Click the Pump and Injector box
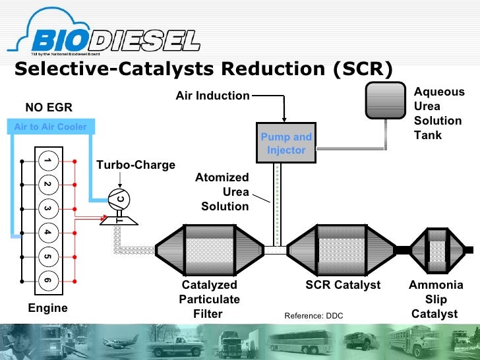[286, 143]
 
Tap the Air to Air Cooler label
[50, 127]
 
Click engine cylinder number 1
[47, 160]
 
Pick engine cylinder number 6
[47, 280]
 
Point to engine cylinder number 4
[47, 232]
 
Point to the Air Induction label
[212, 96]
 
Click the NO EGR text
[49, 107]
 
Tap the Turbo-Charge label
[136, 165]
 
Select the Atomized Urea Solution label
[224, 192]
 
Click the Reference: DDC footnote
[314, 316]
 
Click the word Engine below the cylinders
[47, 308]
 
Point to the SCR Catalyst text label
[343, 285]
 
